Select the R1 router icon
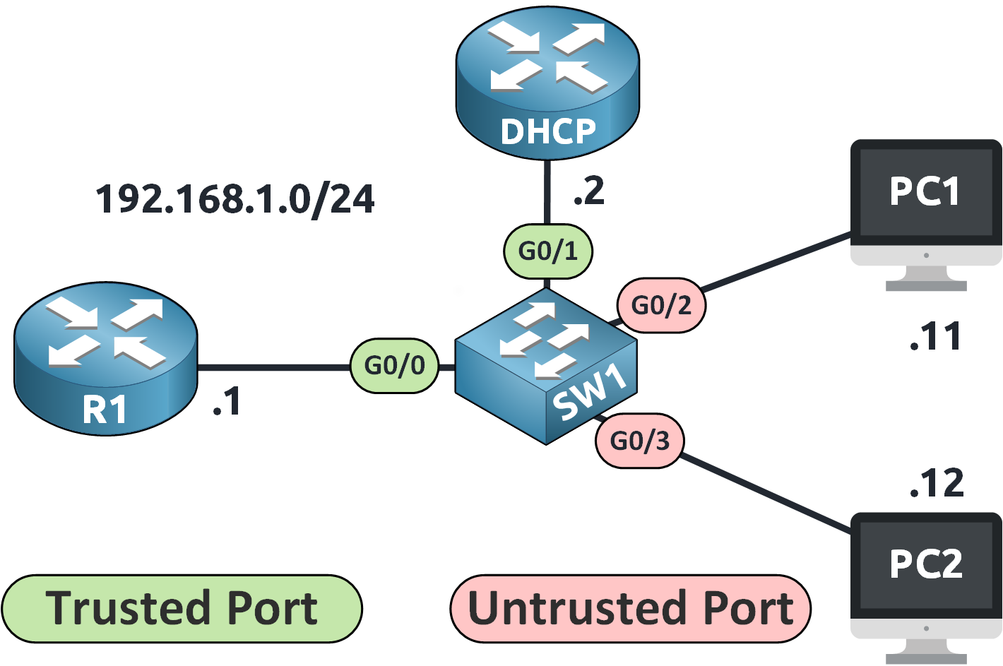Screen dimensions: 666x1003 pos(106,359)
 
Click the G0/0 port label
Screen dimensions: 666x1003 pos(395,366)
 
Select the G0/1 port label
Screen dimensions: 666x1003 pos(547,251)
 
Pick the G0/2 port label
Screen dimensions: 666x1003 pos(661,305)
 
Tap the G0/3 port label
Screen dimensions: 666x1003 pos(639,441)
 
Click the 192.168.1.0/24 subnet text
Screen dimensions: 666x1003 pos(235,199)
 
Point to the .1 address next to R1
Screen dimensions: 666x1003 pos(227,402)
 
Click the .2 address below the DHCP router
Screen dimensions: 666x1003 pos(589,191)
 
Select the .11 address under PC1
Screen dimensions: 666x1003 pos(935,337)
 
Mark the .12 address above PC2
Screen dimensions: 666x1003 pos(937,484)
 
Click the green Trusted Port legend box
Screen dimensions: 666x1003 pos(182,608)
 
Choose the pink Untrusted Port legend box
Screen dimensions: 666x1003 pos(630,608)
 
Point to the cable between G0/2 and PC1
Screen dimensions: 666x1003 pos(777,262)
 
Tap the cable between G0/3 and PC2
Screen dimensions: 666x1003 pos(766,494)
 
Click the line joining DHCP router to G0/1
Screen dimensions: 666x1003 pos(547,192)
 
